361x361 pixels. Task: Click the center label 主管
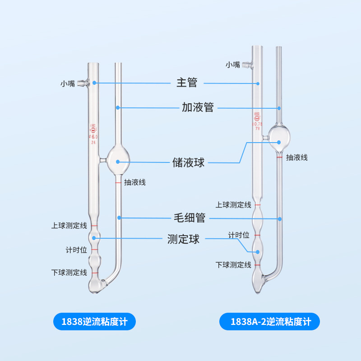[187, 83]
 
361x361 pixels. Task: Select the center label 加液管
[198, 107]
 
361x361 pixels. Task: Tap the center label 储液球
[189, 162]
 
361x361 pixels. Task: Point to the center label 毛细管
[190, 218]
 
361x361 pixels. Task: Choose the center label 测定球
[183, 239]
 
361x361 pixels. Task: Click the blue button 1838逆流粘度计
[95, 322]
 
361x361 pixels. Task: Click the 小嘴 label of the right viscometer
[233, 65]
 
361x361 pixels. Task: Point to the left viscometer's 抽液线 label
[134, 183]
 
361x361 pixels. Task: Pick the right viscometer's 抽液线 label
[297, 157]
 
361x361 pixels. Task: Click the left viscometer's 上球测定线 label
[69, 226]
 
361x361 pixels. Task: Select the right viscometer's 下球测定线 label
[233, 265]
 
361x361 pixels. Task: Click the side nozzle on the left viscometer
[82, 83]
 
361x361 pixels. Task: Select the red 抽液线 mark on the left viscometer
[118, 183]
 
